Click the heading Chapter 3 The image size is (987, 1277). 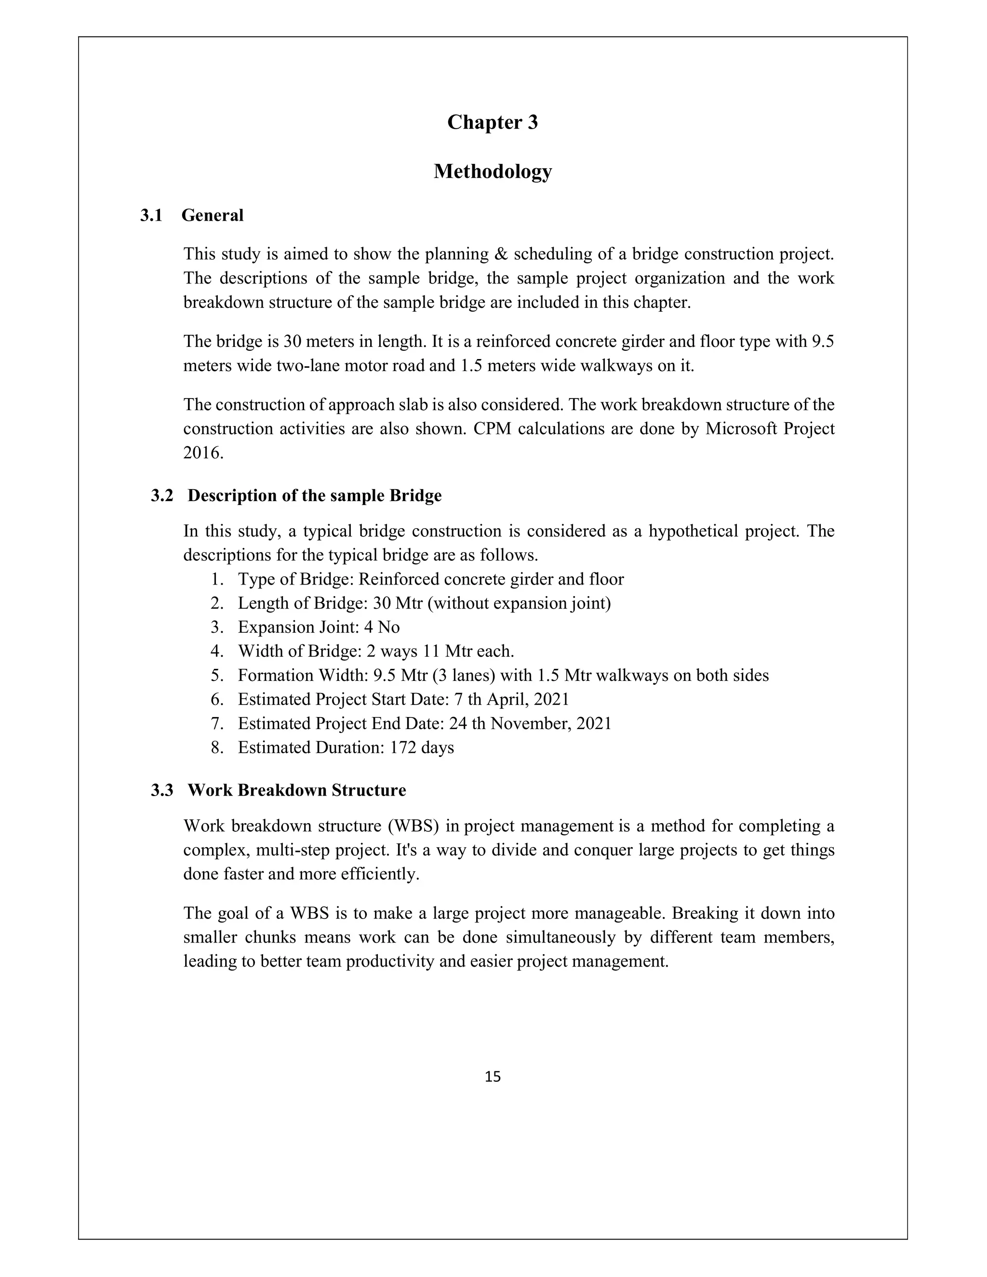tap(493, 122)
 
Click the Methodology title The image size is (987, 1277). tap(493, 172)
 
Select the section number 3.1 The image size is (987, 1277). tap(151, 216)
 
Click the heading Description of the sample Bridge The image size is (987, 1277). tap(315, 496)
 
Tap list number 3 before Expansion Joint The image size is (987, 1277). tap(217, 627)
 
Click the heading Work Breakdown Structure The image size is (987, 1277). tap(296, 790)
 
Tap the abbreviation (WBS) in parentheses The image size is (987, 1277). tap(413, 826)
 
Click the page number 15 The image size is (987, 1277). tap(493, 1077)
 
